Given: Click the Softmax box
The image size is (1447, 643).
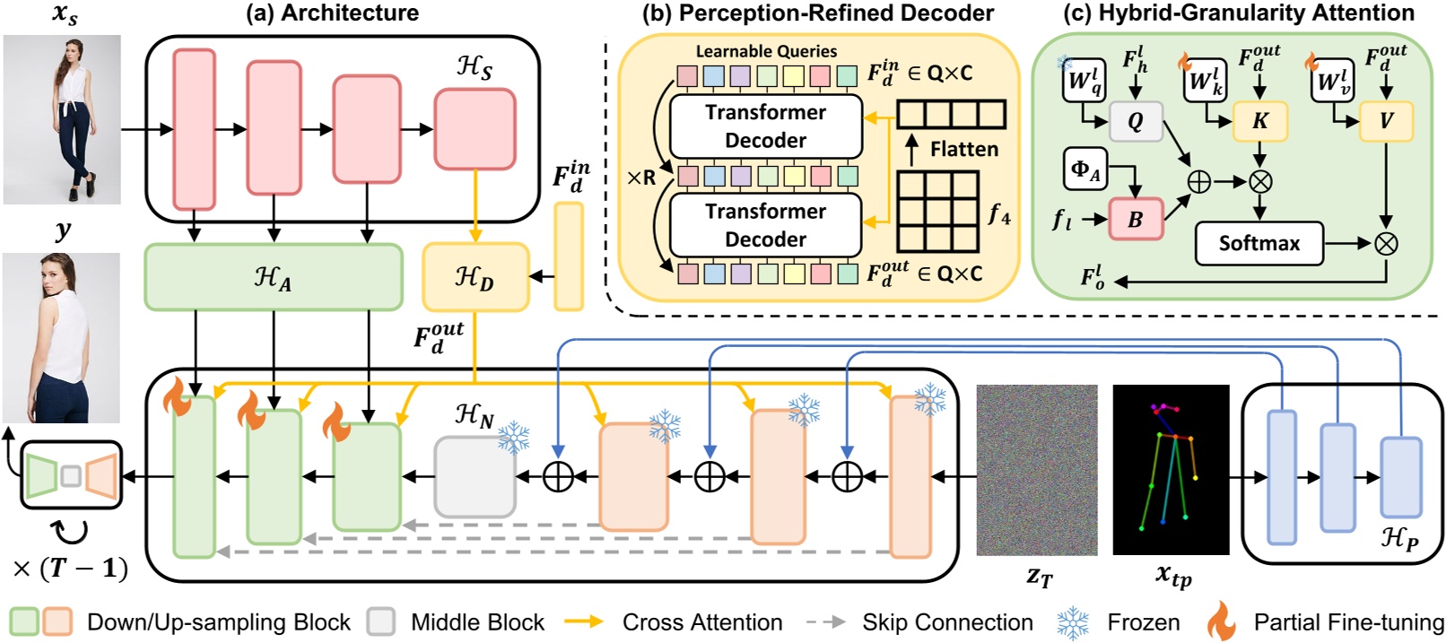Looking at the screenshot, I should click(x=1258, y=243).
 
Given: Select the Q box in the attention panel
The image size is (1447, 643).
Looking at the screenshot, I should click(x=1135, y=122).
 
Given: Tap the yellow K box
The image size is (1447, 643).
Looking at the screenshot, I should click(x=1260, y=122).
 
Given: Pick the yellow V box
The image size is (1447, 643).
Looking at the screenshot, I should click(x=1386, y=122).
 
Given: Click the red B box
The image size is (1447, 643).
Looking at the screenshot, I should click(x=1135, y=219).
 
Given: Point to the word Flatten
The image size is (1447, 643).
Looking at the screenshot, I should click(x=963, y=149).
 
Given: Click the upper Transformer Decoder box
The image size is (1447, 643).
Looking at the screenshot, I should click(x=765, y=126).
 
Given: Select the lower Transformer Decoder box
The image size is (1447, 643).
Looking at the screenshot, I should click(x=765, y=225).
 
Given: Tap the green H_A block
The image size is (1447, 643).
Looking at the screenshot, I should click(x=273, y=278).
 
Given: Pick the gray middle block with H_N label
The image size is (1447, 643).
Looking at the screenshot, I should click(x=475, y=477).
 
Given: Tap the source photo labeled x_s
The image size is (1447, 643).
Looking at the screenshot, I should click(x=62, y=119).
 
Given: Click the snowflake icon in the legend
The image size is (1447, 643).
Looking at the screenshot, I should click(x=1072, y=622).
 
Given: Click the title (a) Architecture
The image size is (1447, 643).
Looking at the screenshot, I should click(x=331, y=13).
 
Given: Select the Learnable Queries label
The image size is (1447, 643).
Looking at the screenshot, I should click(x=765, y=51).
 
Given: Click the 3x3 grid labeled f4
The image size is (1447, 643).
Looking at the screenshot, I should click(x=937, y=212).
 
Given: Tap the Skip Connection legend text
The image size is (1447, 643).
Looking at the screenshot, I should click(x=946, y=622).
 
